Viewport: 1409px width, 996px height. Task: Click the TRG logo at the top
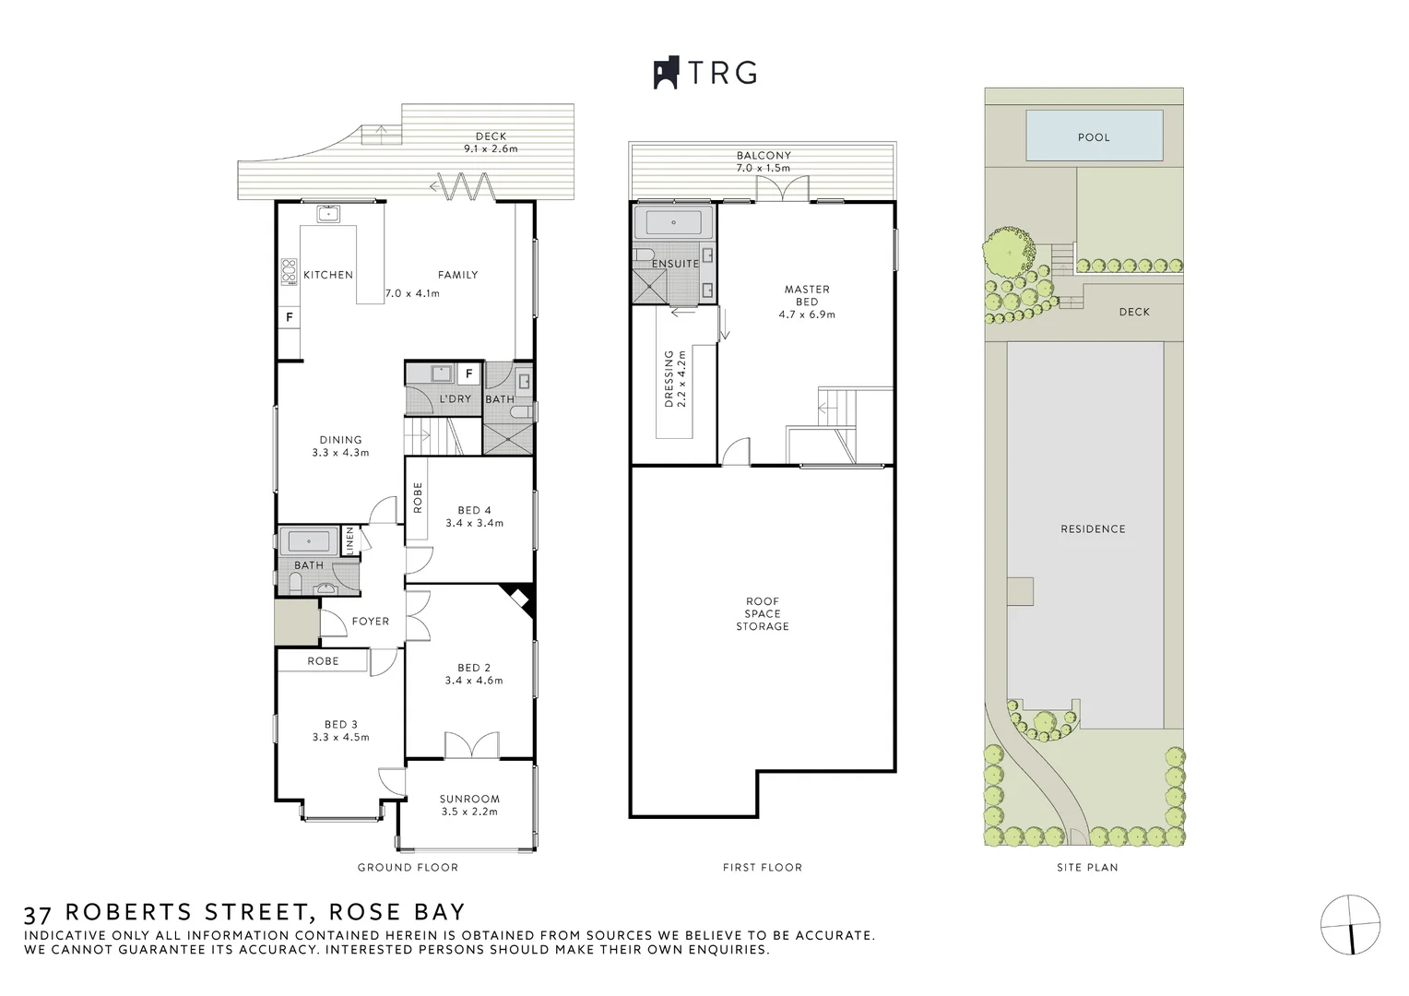705,73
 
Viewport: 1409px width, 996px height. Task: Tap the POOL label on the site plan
1094,137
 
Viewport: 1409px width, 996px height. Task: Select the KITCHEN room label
328,275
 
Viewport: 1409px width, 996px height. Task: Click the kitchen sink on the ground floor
328,215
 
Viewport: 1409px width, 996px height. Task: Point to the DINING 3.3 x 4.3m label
340,446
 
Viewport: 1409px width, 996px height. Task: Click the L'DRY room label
455,399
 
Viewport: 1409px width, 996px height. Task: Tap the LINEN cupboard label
349,540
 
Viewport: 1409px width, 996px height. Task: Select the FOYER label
371,622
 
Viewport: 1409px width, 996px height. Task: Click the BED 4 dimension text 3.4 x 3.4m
474,523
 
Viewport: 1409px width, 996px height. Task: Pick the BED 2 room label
474,668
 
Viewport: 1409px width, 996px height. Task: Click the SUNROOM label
469,800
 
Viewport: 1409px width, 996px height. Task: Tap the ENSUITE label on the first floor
676,264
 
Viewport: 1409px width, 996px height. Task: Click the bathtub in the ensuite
673,222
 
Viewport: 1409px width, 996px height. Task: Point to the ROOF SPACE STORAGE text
763,614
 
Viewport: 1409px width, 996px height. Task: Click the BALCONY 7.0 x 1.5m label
764,162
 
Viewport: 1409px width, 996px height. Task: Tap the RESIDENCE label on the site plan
1093,529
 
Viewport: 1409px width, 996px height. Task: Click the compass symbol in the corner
1350,924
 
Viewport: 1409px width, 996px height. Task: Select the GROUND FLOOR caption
408,868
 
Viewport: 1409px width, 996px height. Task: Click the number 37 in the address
37,914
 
